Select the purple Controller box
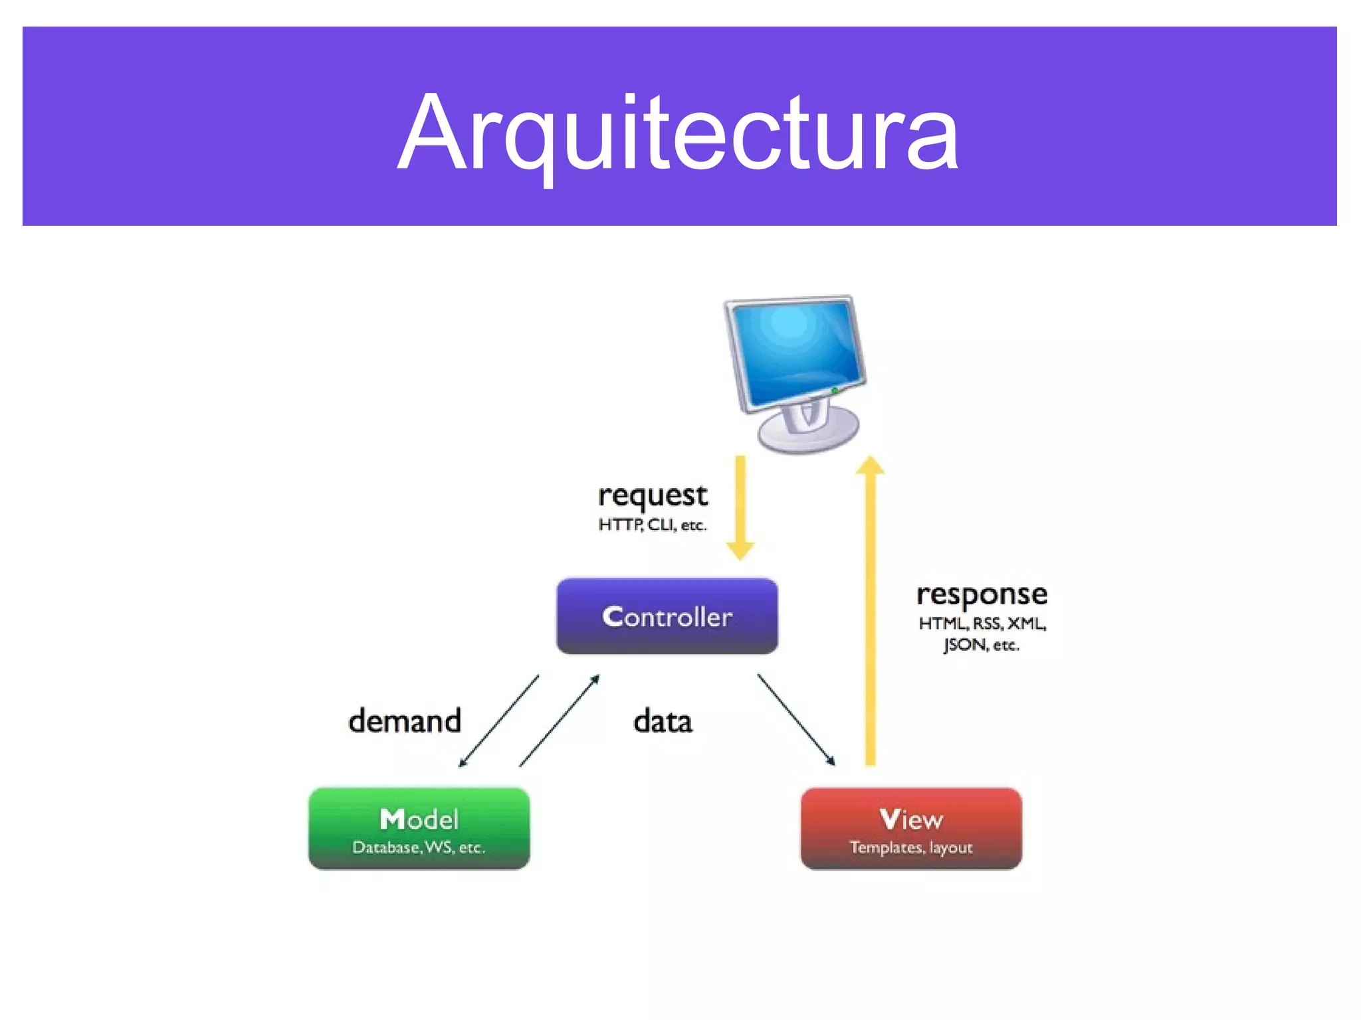point(667,616)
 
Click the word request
point(653,495)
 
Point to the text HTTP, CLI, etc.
point(652,525)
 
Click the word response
point(982,594)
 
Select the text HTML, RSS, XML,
point(982,624)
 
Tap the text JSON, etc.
point(981,645)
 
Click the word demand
point(405,721)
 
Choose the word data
point(663,721)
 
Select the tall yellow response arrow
point(870,611)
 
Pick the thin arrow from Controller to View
point(795,720)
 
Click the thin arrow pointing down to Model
point(499,721)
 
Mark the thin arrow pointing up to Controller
point(560,721)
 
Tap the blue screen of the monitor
point(795,352)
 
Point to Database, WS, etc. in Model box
point(419,848)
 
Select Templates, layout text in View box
point(910,848)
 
